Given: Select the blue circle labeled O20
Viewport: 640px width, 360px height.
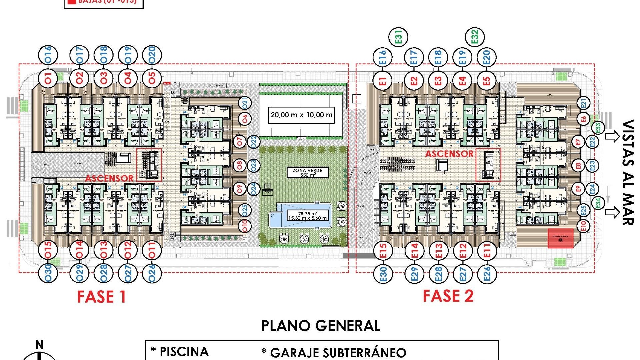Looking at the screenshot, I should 152,55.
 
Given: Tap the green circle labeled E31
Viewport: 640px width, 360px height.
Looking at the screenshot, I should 399,37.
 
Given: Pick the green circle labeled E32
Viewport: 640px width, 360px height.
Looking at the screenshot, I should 475,37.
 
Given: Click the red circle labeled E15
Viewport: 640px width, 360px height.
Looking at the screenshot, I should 383,250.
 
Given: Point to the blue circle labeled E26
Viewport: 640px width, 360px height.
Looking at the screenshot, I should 487,274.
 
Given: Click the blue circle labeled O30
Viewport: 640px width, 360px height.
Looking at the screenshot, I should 48,273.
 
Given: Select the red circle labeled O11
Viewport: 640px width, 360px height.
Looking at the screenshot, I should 152,250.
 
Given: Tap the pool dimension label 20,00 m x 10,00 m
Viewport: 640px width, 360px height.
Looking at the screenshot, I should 301,115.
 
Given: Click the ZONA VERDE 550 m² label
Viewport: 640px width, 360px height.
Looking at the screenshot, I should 307,172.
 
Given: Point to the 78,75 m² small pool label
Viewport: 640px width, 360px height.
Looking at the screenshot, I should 307,215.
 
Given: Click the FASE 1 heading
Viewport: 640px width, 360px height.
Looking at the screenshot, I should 101,297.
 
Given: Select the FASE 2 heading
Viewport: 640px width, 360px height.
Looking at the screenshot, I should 448,296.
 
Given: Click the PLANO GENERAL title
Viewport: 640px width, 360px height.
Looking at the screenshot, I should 321,326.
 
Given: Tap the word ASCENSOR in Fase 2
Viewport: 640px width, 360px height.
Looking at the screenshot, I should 449,154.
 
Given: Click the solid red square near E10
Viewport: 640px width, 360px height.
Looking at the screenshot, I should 561,238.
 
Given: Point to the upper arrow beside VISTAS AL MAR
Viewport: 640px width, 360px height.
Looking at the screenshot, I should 612,136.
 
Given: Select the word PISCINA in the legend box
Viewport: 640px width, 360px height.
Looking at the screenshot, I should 184,352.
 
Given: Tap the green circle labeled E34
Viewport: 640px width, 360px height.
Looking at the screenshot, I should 598,203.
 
